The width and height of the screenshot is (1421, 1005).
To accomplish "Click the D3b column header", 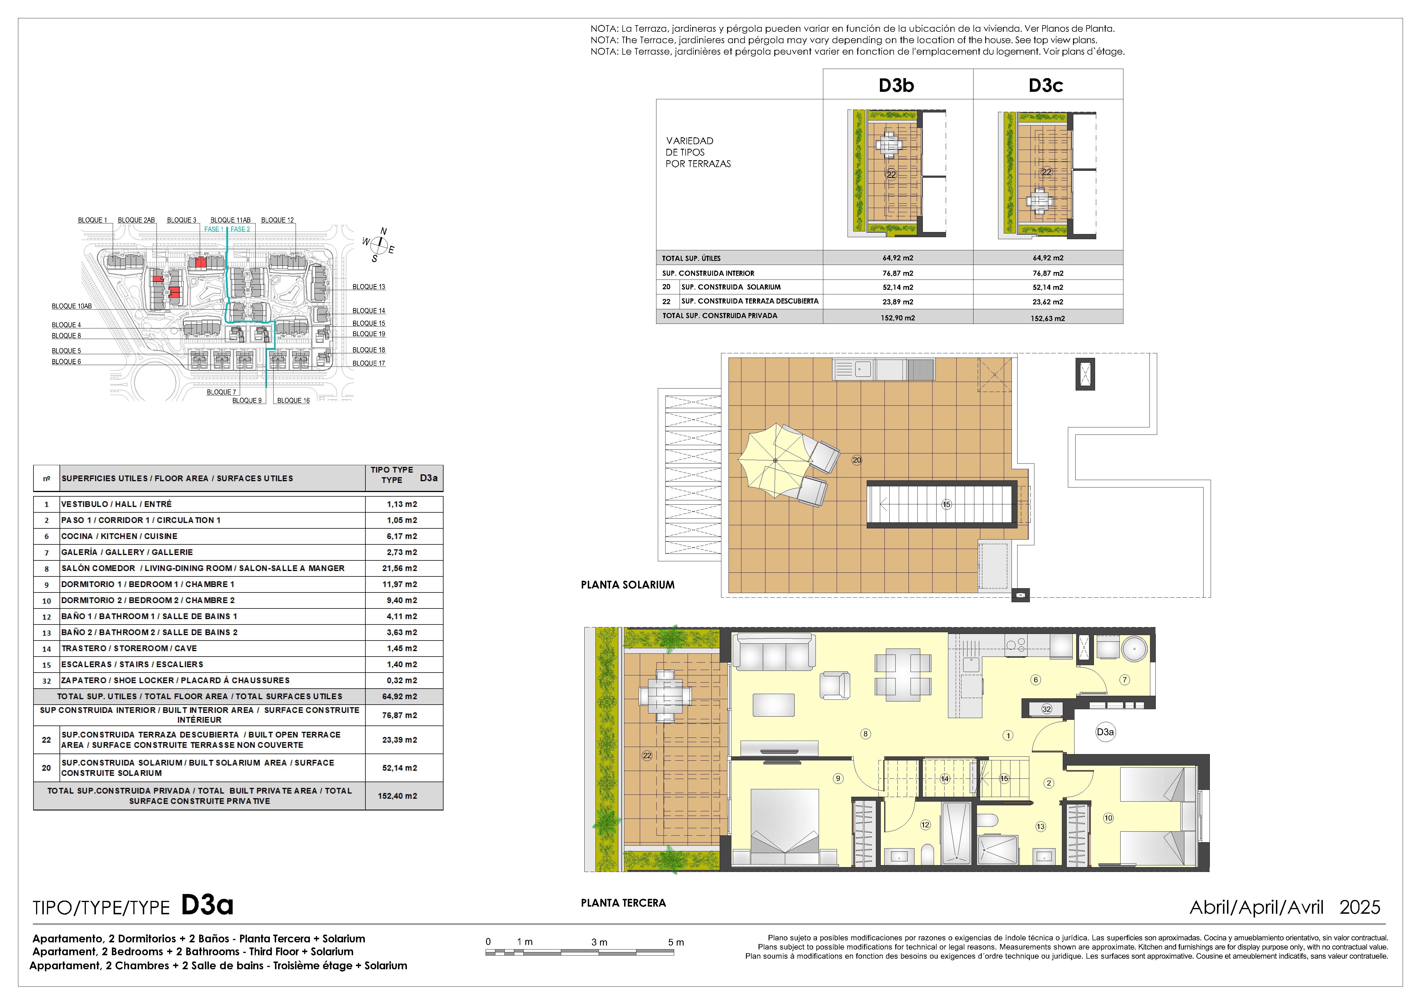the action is (x=896, y=86).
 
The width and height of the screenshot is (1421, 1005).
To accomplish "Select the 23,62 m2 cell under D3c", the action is (x=1048, y=302).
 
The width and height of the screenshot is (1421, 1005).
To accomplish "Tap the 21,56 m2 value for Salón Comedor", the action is (x=402, y=568).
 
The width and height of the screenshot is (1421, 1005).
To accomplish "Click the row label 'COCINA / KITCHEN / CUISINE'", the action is (x=119, y=536).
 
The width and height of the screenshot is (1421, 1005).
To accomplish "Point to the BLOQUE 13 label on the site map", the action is (x=369, y=287).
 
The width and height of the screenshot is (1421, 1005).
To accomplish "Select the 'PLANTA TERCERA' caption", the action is (x=623, y=903).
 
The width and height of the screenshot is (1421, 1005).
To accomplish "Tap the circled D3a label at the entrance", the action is (x=1105, y=732).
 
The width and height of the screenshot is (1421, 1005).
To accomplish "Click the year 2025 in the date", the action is (x=1360, y=907).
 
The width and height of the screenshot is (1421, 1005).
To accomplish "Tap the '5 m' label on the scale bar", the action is (x=676, y=942).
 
